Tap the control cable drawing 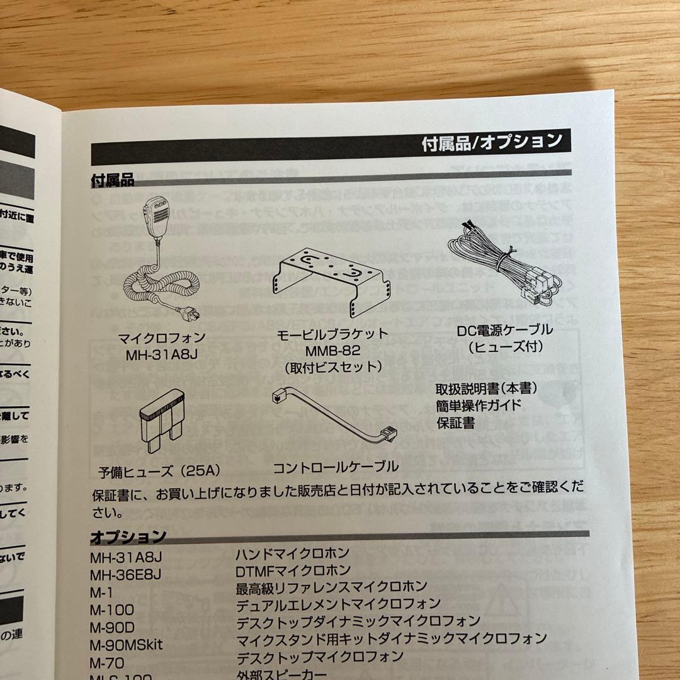click(328, 417)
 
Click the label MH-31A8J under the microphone click(162, 353)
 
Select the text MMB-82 click(333, 349)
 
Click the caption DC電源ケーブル click(505, 329)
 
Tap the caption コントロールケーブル click(335, 467)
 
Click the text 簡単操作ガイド click(479, 405)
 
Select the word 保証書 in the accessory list click(456, 422)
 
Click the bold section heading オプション click(128, 537)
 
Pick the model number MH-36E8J click(126, 574)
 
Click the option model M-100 click(112, 609)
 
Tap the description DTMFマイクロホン click(293, 571)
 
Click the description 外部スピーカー click(281, 674)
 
